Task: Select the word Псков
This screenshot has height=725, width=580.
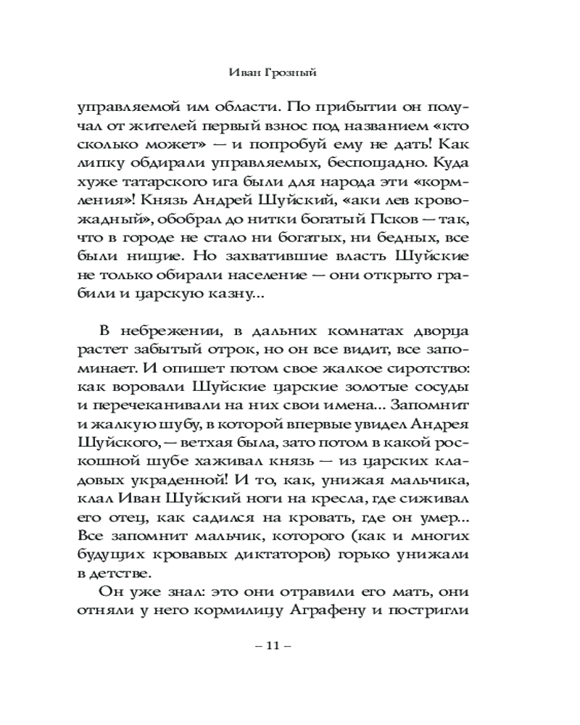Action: pyautogui.click(x=402, y=217)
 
